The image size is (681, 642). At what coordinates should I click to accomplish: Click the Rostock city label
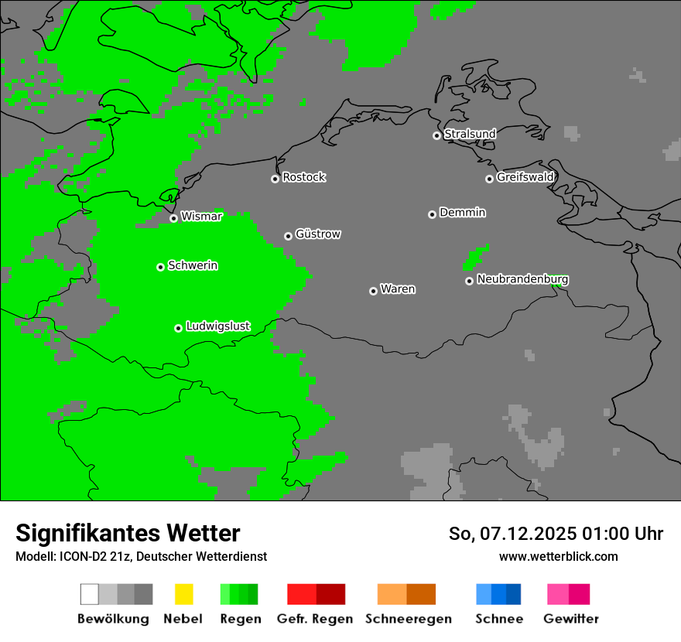[x=304, y=177]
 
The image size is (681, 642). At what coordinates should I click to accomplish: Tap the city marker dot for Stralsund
[x=436, y=135]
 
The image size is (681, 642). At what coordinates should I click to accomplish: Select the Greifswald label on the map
[x=525, y=177]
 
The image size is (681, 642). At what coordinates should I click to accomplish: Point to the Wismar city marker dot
[x=173, y=218]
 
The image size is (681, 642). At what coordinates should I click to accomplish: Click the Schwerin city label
[x=193, y=265]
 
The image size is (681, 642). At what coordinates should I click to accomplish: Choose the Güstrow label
[x=317, y=234]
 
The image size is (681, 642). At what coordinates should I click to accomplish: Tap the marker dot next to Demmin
[x=432, y=214]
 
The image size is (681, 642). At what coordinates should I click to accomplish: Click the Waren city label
[x=398, y=289]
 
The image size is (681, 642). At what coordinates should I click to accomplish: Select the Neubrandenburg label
[x=522, y=279]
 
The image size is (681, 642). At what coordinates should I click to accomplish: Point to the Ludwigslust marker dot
[x=178, y=328]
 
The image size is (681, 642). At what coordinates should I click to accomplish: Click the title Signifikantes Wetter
[x=128, y=533]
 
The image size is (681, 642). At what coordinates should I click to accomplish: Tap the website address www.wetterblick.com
[x=558, y=556]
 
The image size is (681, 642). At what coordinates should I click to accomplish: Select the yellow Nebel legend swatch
[x=183, y=594]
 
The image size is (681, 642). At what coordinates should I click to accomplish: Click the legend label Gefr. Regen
[x=314, y=619]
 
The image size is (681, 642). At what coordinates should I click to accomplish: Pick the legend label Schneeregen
[x=408, y=619]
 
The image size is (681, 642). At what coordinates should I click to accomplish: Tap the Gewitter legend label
[x=570, y=619]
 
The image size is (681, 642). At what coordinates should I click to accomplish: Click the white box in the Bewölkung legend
[x=89, y=594]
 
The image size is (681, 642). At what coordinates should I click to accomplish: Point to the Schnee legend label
[x=498, y=619]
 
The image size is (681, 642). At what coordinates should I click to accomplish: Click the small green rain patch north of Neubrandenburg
[x=476, y=257]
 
